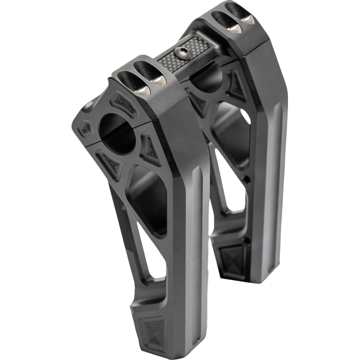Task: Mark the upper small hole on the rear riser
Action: pyautogui.click(x=247, y=179)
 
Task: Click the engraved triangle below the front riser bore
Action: pyautogui.click(x=110, y=160)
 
